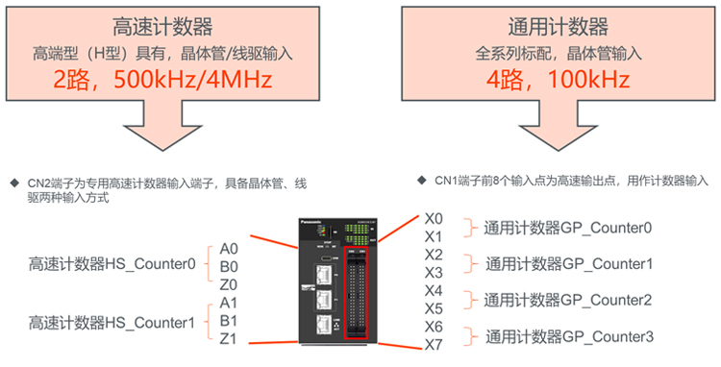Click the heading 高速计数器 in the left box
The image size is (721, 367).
(162, 27)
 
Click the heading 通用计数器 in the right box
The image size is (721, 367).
(559, 27)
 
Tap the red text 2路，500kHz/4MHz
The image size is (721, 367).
(162, 80)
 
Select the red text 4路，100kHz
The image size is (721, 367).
(559, 80)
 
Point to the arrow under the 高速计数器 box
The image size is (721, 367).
(162, 126)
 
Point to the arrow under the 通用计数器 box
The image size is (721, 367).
(559, 126)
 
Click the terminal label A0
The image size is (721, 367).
(229, 249)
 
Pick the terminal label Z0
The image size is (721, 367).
(229, 284)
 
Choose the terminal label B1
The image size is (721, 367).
(229, 321)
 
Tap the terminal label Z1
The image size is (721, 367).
(228, 338)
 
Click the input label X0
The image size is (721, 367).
(434, 219)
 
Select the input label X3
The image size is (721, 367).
(434, 273)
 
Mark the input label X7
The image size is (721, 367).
(434, 345)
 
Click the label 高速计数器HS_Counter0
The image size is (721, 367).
(112, 264)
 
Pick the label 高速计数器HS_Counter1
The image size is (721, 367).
(112, 323)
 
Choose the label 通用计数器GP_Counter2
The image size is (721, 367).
(567, 300)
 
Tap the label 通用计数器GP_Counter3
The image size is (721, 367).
(569, 336)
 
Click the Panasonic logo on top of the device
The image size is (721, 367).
(311, 222)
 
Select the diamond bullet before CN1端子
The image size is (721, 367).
(422, 180)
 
